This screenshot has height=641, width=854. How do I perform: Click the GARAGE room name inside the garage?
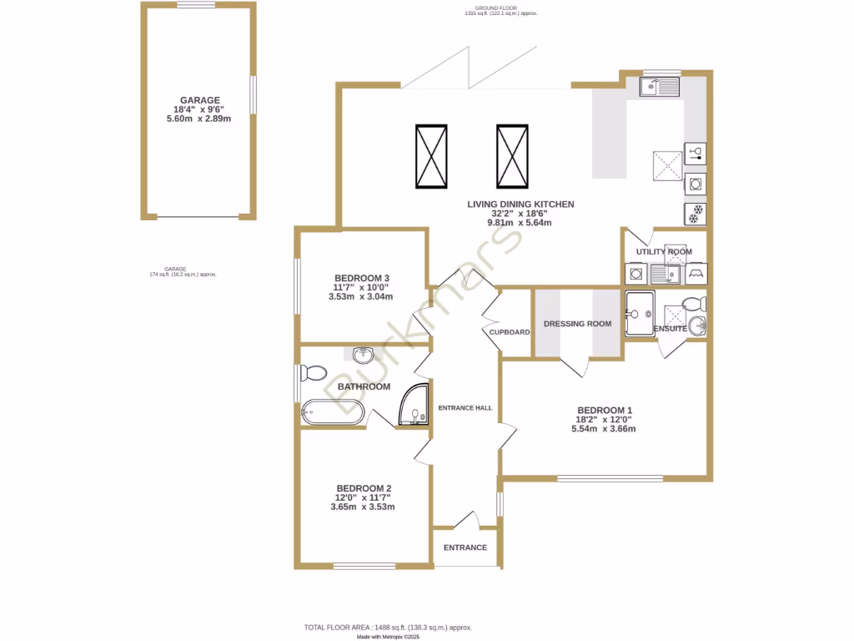click(x=198, y=100)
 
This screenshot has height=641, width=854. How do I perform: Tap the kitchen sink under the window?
click(x=660, y=86)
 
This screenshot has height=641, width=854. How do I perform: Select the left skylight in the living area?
click(x=431, y=157)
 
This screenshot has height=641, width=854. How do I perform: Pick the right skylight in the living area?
click(x=512, y=157)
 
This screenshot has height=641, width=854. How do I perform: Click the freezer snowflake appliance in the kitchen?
click(x=695, y=214)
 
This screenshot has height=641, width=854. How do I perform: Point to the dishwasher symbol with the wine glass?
click(x=695, y=153)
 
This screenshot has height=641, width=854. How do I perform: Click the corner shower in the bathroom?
click(x=414, y=406)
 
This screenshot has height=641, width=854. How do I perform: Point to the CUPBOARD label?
click(x=510, y=332)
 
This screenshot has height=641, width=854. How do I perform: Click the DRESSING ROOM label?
click(x=577, y=324)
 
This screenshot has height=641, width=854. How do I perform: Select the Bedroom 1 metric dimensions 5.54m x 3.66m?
click(x=604, y=429)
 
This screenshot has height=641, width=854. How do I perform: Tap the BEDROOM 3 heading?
click(x=362, y=278)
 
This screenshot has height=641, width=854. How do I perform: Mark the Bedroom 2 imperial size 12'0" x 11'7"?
click(x=363, y=497)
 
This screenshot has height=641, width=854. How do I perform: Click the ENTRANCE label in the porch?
click(x=465, y=548)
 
